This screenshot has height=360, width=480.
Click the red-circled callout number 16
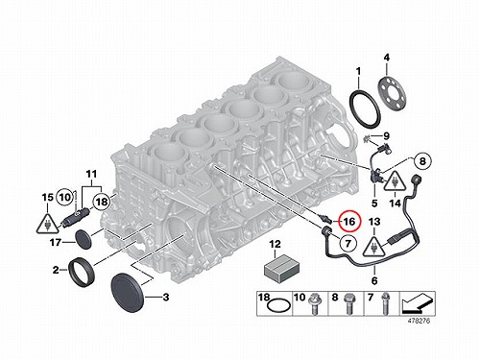(349, 221)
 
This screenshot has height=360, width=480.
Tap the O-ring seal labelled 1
(365, 109)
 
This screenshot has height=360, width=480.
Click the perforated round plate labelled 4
(393, 93)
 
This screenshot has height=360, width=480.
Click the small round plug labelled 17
(84, 239)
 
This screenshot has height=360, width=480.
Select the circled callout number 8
(422, 161)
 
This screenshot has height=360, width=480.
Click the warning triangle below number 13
(374, 246)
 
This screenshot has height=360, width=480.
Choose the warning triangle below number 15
(48, 222)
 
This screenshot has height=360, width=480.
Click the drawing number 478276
(419, 321)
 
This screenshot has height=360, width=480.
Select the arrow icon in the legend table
(418, 303)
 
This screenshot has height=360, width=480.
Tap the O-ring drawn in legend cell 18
(279, 305)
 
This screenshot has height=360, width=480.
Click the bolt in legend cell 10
(314, 305)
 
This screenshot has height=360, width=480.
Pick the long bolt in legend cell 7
(384, 303)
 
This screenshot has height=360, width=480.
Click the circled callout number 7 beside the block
(348, 244)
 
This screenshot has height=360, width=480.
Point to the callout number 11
(91, 175)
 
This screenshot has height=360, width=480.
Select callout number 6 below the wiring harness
(374, 280)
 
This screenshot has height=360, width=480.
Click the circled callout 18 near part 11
(102, 202)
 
